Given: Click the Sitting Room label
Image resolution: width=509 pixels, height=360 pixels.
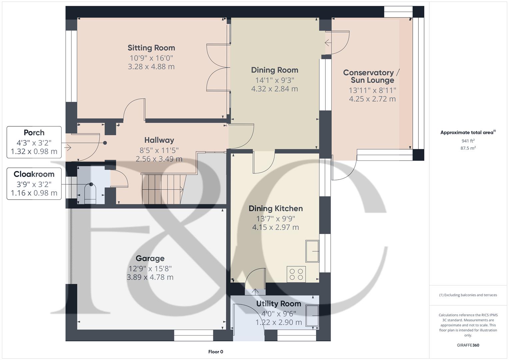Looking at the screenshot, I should [x=151, y=48].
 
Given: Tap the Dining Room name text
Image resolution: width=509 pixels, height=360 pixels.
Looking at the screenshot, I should [x=274, y=70].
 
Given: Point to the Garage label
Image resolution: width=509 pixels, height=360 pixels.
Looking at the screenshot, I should [x=150, y=258].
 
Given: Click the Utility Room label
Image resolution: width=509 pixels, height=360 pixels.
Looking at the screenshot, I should [x=278, y=304].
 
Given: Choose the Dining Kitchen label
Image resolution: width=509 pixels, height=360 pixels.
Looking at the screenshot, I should [x=276, y=209].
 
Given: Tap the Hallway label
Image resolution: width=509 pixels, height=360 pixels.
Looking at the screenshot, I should [x=159, y=140].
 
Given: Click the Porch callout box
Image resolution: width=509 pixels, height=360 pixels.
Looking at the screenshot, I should [x=34, y=142].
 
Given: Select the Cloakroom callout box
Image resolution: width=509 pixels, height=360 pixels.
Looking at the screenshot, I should [x=34, y=184].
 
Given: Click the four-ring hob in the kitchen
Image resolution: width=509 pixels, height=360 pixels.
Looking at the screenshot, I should [x=296, y=274].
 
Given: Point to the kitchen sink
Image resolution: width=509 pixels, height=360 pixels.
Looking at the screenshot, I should [x=312, y=251].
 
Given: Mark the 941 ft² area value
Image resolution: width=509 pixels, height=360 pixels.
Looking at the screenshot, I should [x=468, y=141].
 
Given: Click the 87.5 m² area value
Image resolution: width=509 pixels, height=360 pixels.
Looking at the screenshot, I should [x=468, y=148].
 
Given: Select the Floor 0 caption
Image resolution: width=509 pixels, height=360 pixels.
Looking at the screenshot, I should [x=216, y=352].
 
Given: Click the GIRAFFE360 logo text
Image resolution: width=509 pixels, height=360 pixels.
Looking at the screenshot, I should [x=468, y=345].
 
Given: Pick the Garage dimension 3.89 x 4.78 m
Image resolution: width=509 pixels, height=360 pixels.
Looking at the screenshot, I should [x=150, y=277].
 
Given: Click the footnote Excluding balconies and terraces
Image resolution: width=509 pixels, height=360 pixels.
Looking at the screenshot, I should [x=468, y=295].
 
